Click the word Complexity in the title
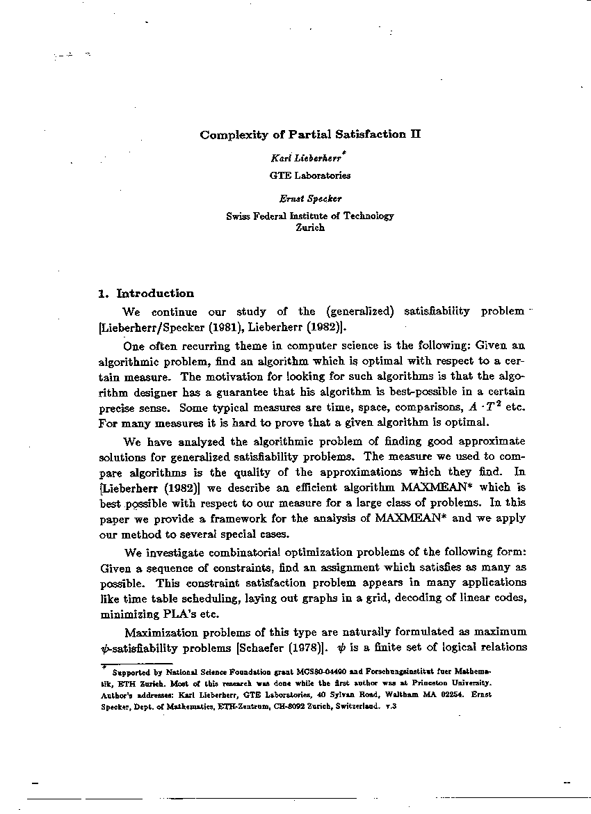(x=228, y=135)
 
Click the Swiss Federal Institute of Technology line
(x=310, y=216)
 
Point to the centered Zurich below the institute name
(x=310, y=228)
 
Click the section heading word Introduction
(x=156, y=293)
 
